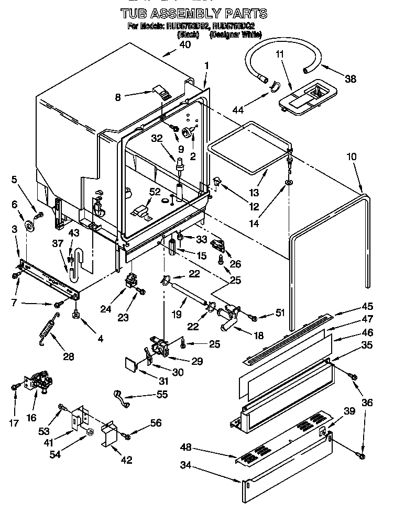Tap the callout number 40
pyautogui.click(x=184, y=45)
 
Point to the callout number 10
pyautogui.click(x=351, y=156)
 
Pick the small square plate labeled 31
pyautogui.click(x=131, y=365)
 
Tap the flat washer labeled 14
pyautogui.click(x=289, y=183)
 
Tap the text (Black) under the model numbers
pyautogui.click(x=188, y=35)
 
